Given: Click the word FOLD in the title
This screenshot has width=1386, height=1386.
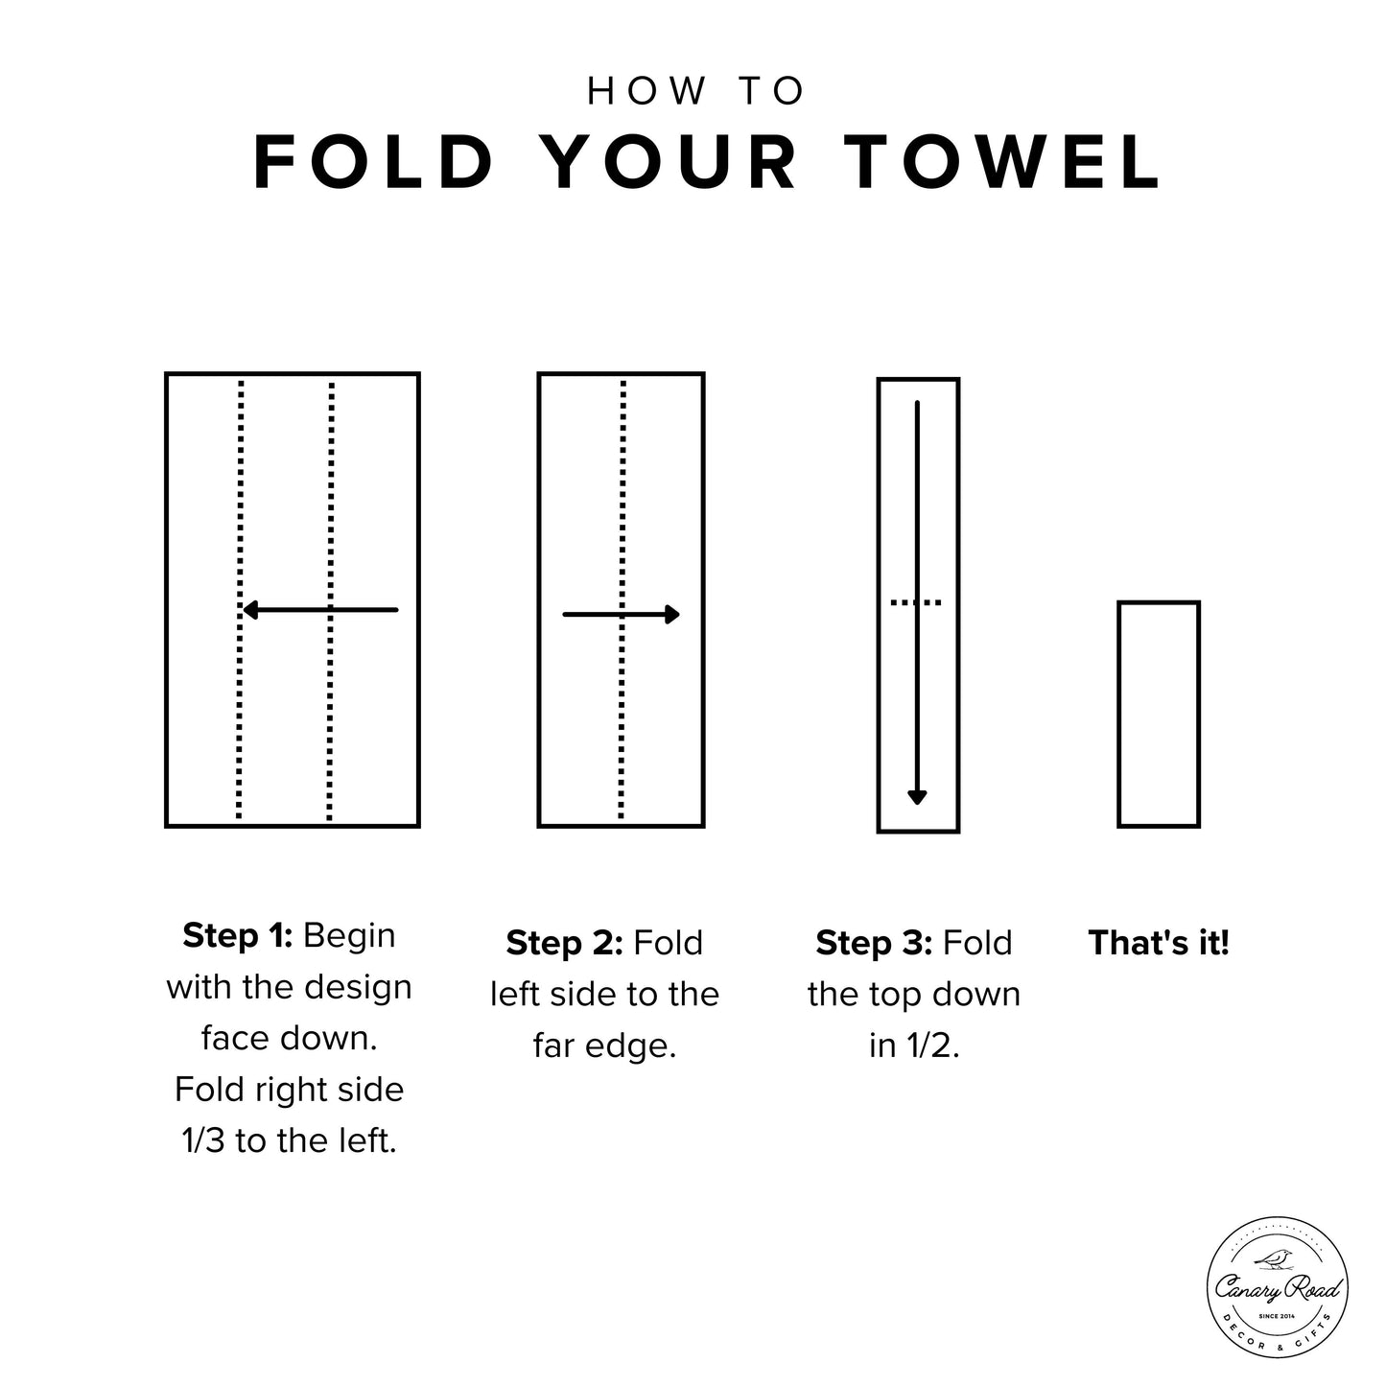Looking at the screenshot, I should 374,162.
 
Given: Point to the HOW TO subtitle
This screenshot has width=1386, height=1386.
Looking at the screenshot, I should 695,91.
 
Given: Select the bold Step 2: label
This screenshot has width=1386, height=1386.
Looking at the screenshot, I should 565,943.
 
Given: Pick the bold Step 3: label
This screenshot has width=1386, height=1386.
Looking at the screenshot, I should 874,943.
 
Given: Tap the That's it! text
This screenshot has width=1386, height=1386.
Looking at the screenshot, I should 1158,943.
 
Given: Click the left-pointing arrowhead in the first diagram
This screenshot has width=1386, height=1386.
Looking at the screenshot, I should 250,609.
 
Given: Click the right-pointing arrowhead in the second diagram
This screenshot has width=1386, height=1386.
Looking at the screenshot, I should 672,615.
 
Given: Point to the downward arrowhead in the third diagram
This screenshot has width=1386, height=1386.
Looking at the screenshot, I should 917,796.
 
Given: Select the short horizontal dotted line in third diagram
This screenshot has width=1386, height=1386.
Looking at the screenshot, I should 917,602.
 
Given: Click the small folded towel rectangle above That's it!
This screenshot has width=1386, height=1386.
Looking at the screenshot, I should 1159,714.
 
